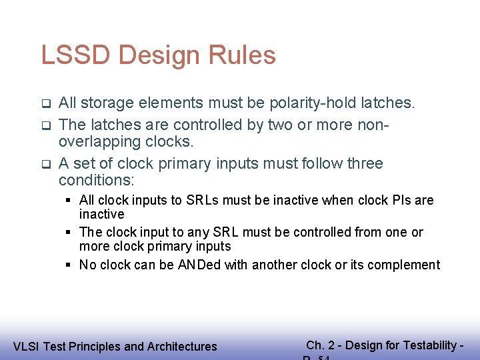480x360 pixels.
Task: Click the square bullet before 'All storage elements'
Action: pyautogui.click(x=46, y=104)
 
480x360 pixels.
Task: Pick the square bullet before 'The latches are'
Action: pyautogui.click(x=46, y=125)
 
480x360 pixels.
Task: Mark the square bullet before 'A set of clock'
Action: pyautogui.click(x=46, y=164)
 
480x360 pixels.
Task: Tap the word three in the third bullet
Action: pyautogui.click(x=365, y=163)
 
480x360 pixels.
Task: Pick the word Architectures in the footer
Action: pyautogui.click(x=182, y=347)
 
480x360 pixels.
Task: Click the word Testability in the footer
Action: pyautogui.click(x=433, y=345)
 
